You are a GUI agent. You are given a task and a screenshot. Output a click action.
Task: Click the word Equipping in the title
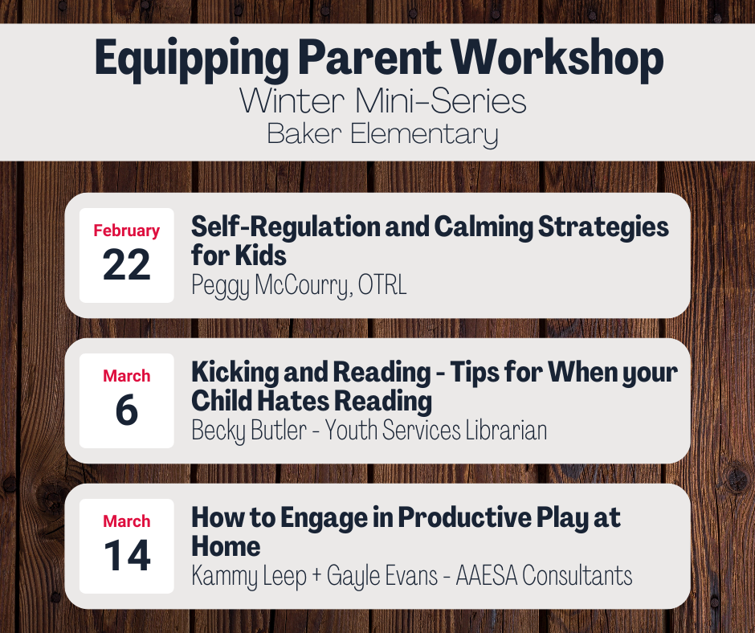[192, 59]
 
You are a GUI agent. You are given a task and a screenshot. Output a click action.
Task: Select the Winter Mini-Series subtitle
[383, 101]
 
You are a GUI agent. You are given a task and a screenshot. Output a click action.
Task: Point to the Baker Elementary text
[382, 134]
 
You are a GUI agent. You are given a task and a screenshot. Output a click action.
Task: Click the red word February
[127, 231]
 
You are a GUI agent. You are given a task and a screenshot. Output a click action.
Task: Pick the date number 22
[127, 264]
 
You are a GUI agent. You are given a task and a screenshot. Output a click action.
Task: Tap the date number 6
[127, 410]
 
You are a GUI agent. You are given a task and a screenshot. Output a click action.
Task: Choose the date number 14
[127, 555]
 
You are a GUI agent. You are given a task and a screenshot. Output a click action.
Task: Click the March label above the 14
[127, 521]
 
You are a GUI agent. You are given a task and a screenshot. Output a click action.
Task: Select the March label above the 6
[127, 376]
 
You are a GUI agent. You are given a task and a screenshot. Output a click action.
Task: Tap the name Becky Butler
[249, 431]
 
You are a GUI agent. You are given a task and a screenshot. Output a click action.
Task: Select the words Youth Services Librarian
[436, 431]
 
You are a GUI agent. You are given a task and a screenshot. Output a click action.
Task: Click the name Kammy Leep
[249, 576]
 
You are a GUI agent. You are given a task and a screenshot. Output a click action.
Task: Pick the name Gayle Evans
[382, 576]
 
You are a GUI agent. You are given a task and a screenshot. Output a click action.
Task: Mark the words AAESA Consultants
[544, 575]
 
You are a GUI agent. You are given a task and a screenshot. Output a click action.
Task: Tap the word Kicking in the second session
[234, 373]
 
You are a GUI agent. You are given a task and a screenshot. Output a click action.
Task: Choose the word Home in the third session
[226, 547]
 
